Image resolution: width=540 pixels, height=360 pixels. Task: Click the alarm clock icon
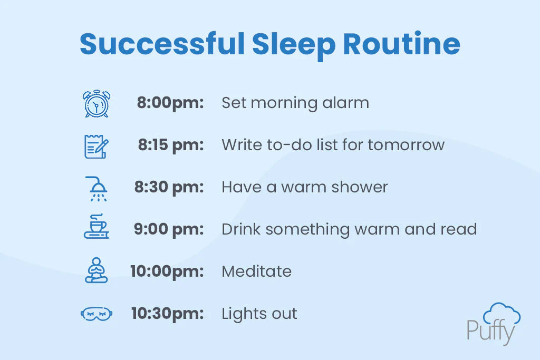click(x=97, y=103)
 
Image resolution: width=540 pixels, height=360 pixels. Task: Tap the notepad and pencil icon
click(x=97, y=146)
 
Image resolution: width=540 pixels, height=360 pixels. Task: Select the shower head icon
click(x=97, y=188)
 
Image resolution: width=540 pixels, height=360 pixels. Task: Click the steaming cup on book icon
click(x=97, y=227)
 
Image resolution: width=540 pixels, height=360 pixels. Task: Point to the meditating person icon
click(x=97, y=270)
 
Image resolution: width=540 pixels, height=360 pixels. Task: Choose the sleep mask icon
click(x=97, y=314)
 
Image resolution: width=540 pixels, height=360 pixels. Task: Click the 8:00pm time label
click(x=170, y=103)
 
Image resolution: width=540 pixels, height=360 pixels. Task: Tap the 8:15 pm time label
click(x=171, y=145)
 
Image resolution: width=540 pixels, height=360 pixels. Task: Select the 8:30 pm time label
click(x=169, y=187)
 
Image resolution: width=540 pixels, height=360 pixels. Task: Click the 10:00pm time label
click(x=167, y=271)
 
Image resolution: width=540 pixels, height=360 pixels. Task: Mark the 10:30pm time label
click(x=167, y=314)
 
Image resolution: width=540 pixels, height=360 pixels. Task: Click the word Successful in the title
click(x=162, y=45)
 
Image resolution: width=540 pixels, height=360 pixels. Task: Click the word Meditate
click(x=256, y=271)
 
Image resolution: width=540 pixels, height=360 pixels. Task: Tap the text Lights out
click(x=259, y=314)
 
